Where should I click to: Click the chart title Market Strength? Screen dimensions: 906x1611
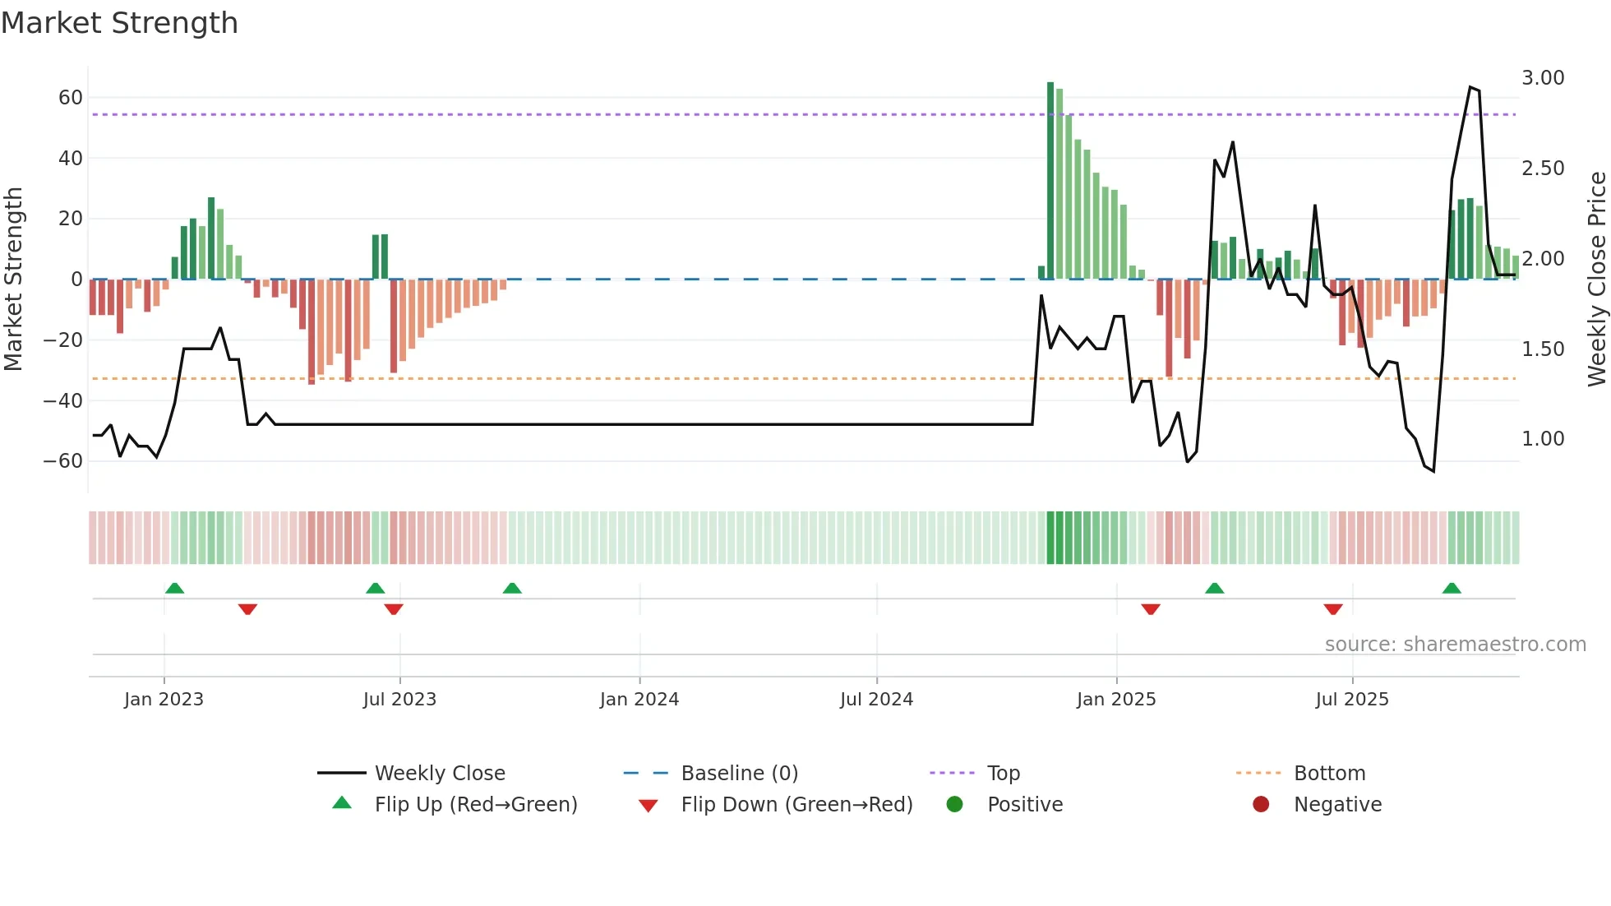(x=119, y=23)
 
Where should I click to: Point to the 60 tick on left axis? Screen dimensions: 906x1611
(x=71, y=98)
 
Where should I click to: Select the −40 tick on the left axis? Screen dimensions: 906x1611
(x=63, y=401)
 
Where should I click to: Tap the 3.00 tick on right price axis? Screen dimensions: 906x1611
(x=1543, y=78)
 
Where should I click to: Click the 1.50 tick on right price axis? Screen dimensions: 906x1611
(x=1543, y=349)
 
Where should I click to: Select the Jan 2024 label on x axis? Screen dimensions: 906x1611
(x=639, y=700)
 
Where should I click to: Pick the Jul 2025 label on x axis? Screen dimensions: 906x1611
(x=1351, y=700)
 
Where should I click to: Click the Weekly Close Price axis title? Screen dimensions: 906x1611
(x=1596, y=280)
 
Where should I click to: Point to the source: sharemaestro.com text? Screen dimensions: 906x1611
(x=1455, y=645)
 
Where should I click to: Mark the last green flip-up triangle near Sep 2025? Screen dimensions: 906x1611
(x=1452, y=589)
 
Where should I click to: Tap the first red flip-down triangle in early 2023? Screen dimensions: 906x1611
(x=247, y=609)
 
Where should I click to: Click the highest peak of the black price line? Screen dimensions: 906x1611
(x=1470, y=87)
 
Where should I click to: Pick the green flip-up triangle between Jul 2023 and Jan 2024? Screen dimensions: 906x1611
(x=512, y=589)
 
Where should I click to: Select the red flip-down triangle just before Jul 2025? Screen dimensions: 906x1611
(x=1333, y=609)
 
